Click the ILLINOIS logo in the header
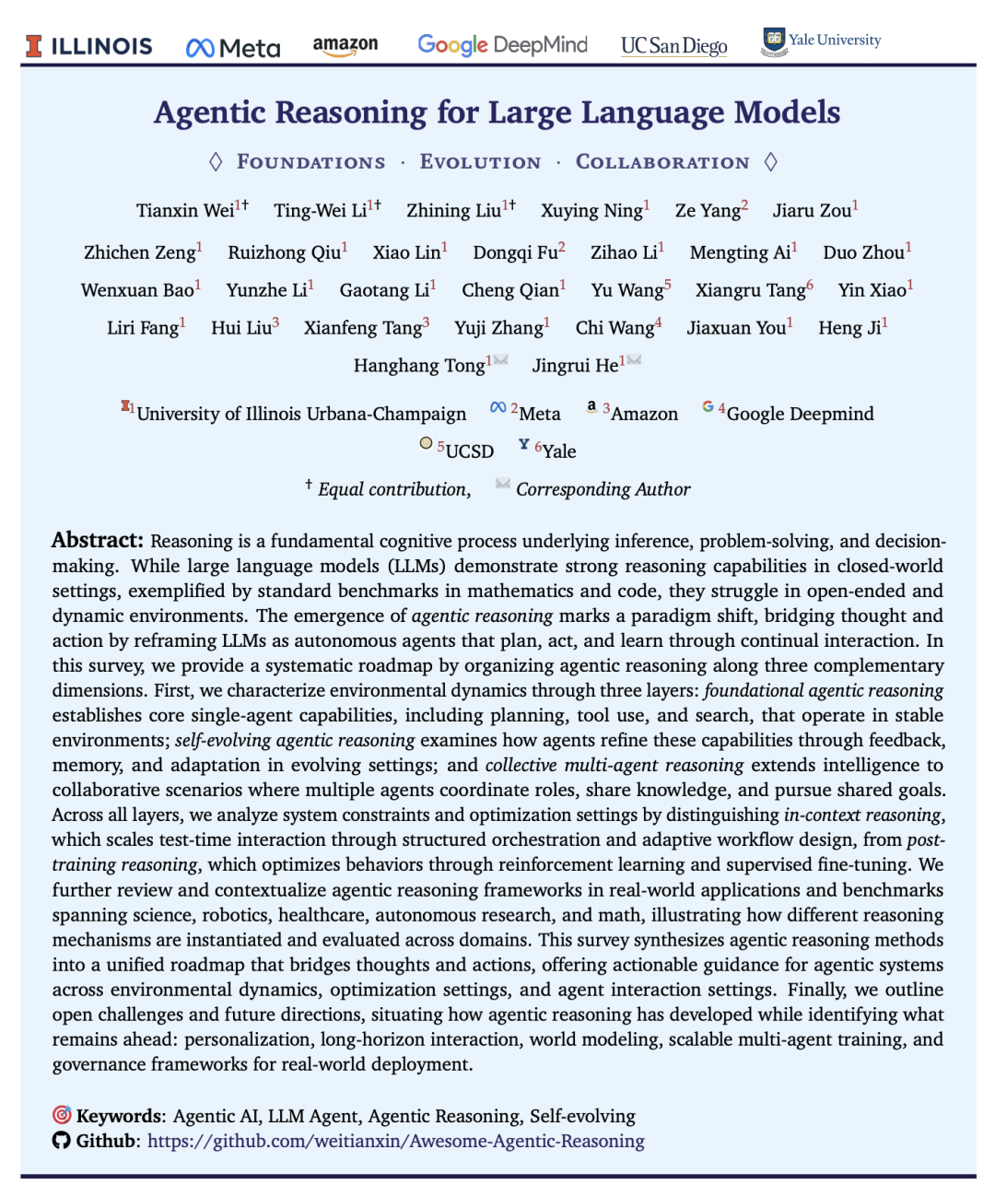89,46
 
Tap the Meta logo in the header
233,48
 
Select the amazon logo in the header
345,45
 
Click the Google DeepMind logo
502,44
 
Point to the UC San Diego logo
673,46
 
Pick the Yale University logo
821,41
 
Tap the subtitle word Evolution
480,162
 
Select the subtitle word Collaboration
662,162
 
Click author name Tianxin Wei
185,211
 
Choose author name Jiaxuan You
736,328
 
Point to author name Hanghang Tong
419,366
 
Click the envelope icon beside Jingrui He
634,360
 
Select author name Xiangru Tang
750,290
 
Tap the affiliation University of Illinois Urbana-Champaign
301,414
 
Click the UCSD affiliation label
469,452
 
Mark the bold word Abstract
97,540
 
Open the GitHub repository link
395,1141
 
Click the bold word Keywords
118,1116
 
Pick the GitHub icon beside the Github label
61,1141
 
